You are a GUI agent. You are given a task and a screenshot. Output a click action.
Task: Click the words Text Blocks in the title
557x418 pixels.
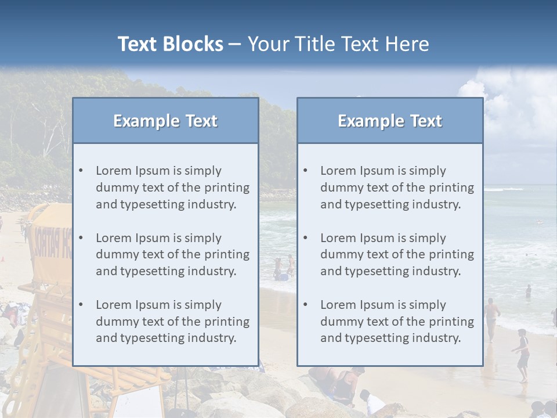(170, 44)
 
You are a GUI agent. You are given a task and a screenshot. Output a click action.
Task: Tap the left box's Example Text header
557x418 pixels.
(165, 121)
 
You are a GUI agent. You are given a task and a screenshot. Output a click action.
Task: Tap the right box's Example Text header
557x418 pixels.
(390, 121)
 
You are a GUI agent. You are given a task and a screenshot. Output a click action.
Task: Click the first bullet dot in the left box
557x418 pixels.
(81, 171)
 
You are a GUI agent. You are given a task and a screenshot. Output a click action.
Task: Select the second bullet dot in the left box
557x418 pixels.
(81, 238)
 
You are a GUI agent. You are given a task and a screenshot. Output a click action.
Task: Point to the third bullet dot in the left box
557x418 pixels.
(81, 305)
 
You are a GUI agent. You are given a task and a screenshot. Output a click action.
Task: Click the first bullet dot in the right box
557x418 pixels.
(305, 171)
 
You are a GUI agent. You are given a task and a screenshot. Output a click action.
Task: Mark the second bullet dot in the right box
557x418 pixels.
(305, 238)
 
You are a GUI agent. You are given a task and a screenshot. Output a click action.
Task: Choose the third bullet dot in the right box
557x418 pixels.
(305, 305)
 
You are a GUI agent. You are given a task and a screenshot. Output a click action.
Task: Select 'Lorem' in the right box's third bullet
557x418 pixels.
(338, 305)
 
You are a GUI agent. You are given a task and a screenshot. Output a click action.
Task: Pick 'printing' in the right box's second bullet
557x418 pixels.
(453, 254)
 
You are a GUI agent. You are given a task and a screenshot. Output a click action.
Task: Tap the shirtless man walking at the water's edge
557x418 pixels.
(492, 316)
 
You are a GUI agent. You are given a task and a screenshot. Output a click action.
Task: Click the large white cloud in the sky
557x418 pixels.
(511, 105)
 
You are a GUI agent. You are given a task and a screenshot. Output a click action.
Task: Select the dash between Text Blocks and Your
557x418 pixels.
(236, 44)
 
